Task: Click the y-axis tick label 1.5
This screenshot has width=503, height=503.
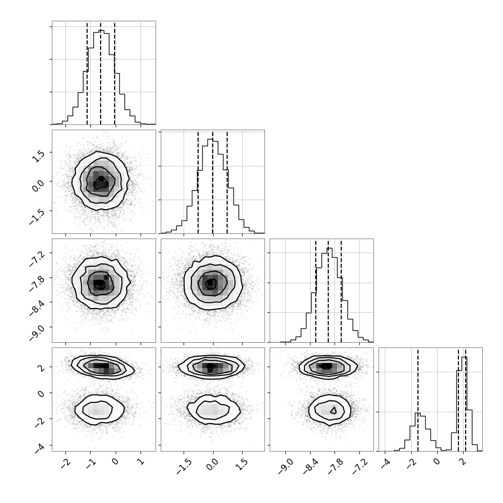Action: tap(38, 156)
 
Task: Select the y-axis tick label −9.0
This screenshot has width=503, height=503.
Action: tap(37, 333)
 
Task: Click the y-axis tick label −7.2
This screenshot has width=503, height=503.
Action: tap(37, 259)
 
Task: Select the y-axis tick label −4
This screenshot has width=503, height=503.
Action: tap(39, 448)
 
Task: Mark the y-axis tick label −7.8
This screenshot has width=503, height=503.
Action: tap(37, 284)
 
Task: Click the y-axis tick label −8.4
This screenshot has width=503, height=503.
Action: tap(37, 308)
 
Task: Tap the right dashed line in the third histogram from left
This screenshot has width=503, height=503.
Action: tap(341, 291)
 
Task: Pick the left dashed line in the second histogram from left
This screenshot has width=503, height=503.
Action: tap(198, 182)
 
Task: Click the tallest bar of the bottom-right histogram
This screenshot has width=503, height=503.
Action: tap(464, 404)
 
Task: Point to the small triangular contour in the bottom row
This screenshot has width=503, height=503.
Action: tap(333, 410)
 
